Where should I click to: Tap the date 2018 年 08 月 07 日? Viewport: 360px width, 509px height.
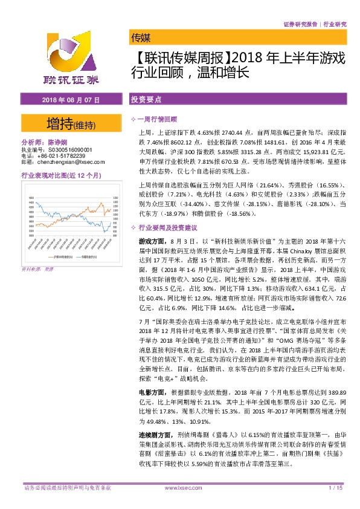click(69, 98)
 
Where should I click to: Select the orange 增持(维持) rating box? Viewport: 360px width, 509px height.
click(70, 125)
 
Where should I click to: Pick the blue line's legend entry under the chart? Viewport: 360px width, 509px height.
click(87, 257)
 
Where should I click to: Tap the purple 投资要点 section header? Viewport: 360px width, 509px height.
click(145, 98)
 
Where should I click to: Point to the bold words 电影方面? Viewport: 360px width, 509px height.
click(150, 392)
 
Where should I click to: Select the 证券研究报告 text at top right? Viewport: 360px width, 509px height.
click(299, 24)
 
